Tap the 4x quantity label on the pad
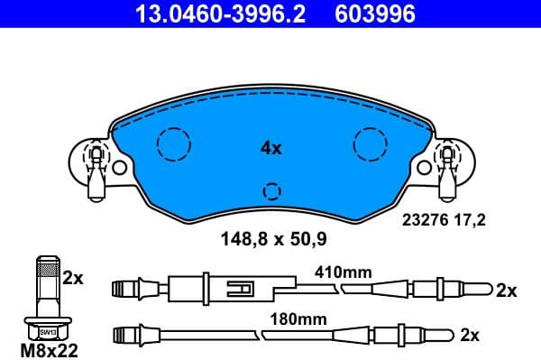270,147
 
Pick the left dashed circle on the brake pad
173,143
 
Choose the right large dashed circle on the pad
370,143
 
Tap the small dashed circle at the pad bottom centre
271,190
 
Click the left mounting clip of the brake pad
95,167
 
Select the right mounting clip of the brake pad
446,167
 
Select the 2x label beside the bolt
73,279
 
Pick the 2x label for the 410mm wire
506,291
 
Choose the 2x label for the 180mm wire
469,335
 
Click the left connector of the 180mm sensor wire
128,336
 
